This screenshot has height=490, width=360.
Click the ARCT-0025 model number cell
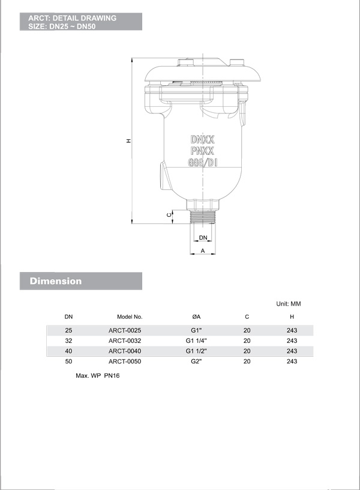click(125, 330)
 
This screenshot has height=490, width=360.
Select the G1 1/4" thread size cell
click(196, 340)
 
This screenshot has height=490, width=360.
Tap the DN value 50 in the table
click(68, 361)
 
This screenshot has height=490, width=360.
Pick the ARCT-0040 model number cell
click(125, 351)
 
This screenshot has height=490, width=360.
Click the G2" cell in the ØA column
click(196, 361)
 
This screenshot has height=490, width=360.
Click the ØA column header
click(196, 316)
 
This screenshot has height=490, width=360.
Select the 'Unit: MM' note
click(288, 304)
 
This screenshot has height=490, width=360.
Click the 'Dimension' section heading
click(56, 281)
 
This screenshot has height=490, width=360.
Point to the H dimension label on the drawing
click(128, 141)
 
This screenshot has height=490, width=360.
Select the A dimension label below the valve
click(203, 250)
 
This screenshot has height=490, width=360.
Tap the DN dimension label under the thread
click(203, 238)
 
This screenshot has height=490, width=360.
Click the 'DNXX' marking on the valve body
click(202, 138)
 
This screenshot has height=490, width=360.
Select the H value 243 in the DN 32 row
click(292, 340)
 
